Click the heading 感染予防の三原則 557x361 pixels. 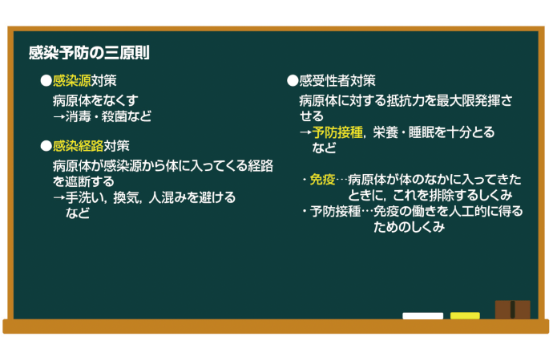point(89,53)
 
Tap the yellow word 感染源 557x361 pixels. point(72,81)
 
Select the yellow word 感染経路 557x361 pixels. point(79,146)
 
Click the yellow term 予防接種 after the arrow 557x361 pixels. point(337,132)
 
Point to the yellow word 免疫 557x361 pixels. point(322,180)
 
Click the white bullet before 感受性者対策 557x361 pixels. point(293,81)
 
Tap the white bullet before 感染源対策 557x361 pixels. point(46,81)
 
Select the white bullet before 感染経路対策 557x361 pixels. point(46,146)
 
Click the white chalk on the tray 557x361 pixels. point(422,316)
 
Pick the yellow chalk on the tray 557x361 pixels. point(465,316)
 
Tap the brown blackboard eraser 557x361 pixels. point(513,310)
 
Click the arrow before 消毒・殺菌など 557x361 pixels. point(59,116)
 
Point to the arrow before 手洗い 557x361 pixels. point(59,197)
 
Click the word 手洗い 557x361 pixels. point(85,197)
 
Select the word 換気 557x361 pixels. point(126,197)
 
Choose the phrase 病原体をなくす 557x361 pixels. point(95,100)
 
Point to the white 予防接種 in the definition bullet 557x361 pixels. point(335,211)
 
